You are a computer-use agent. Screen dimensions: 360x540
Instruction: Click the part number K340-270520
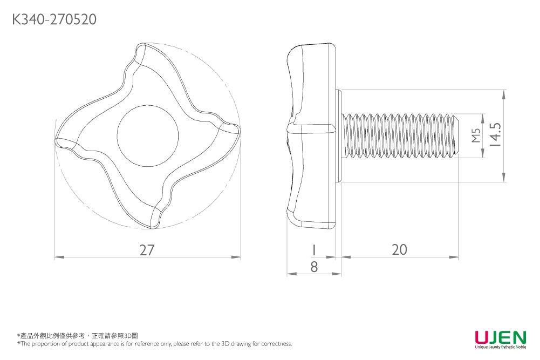[54, 20]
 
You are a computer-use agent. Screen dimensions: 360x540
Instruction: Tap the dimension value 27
[147, 250]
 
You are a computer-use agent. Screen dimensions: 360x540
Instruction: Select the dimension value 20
[400, 249]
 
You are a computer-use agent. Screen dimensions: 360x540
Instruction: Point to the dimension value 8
[314, 267]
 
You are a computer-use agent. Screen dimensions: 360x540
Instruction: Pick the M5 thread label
[475, 136]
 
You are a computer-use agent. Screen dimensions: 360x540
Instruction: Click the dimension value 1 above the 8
[313, 250]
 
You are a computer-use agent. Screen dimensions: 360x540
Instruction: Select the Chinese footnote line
[78, 336]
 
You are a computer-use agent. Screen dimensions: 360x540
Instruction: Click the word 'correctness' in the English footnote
[275, 344]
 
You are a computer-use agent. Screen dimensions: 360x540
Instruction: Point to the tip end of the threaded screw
[457, 136]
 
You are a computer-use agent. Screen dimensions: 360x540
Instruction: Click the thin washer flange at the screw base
[339, 136]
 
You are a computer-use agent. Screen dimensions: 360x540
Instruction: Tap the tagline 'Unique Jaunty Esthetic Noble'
[500, 347]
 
